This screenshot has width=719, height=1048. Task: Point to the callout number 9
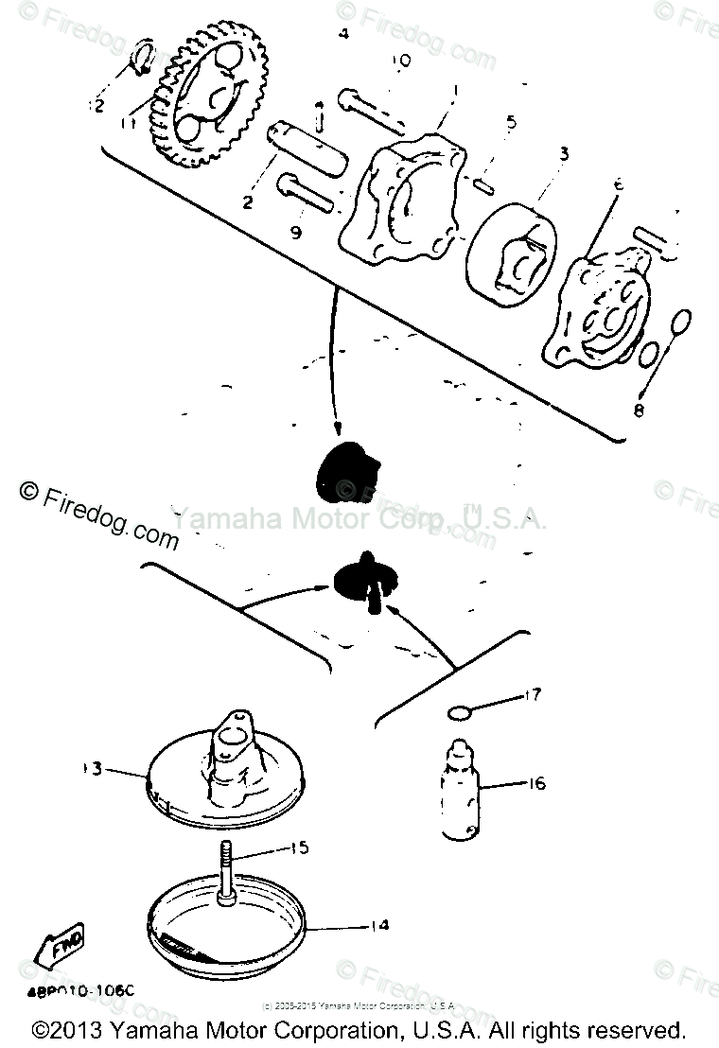(296, 232)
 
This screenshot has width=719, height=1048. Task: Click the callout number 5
(511, 122)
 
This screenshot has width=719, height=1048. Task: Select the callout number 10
(400, 61)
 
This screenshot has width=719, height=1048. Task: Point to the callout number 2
(248, 201)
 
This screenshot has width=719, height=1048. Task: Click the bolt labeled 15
(229, 875)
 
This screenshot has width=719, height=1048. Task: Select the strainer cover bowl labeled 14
(227, 932)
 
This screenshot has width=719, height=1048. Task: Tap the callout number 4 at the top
(343, 34)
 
